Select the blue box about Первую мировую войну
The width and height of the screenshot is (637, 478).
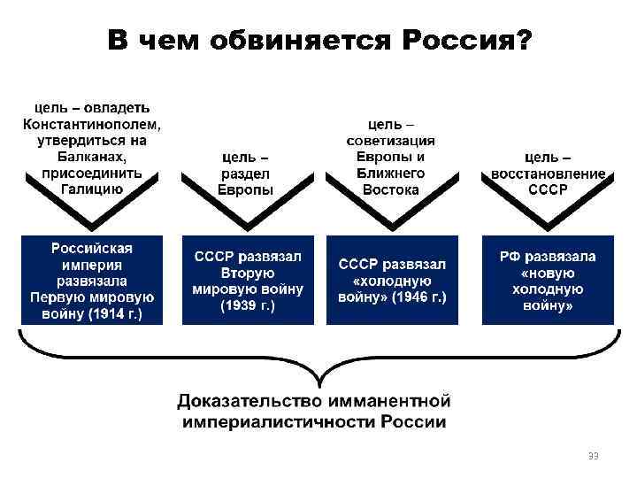click(93, 279)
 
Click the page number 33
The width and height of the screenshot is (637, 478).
click(595, 454)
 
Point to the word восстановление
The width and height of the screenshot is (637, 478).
click(549, 173)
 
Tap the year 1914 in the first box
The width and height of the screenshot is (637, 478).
click(107, 313)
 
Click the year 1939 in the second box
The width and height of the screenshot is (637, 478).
click(239, 306)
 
